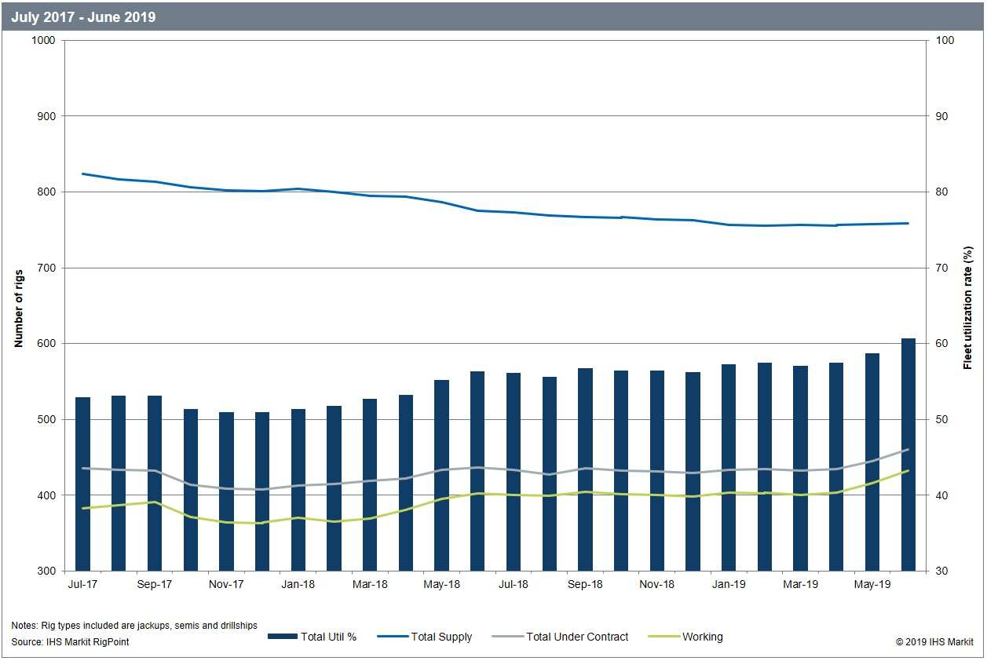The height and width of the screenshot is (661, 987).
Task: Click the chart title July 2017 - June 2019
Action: (83, 16)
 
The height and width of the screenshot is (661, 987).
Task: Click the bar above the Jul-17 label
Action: (82, 484)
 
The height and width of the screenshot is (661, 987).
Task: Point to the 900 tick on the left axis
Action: (46, 116)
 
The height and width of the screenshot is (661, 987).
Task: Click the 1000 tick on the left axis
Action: (44, 40)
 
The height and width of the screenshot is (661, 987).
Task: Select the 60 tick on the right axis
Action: (940, 344)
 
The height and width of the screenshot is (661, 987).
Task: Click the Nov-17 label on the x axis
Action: (226, 585)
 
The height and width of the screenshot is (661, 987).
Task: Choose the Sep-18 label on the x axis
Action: (585, 585)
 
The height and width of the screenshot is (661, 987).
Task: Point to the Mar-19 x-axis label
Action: (800, 585)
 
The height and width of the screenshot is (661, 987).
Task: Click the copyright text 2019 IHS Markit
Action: (934, 642)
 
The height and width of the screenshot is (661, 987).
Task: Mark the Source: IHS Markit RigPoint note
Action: (70, 642)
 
